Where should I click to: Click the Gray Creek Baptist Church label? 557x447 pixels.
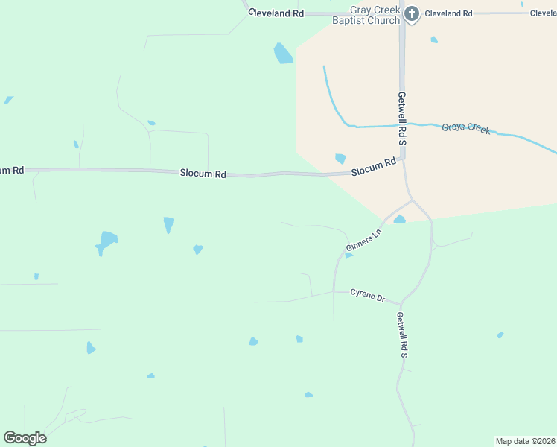[x=375, y=15]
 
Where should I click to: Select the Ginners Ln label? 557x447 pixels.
[x=363, y=239]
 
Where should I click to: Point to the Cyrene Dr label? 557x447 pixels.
[x=368, y=295]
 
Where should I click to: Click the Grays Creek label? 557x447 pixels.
[x=466, y=128]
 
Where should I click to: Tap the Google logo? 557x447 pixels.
[x=25, y=438]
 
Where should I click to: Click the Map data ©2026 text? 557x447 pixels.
[x=525, y=441]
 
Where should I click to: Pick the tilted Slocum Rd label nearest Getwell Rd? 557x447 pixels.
[x=373, y=167]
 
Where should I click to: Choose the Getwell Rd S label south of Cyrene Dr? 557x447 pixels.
[x=402, y=335]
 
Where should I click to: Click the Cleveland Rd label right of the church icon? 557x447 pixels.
[x=448, y=13]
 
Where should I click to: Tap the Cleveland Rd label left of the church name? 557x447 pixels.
[x=277, y=13]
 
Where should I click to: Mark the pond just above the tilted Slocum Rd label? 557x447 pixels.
[x=340, y=158]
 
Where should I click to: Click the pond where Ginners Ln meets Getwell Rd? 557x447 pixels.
[x=400, y=219]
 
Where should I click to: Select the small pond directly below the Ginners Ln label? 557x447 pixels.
[x=348, y=256]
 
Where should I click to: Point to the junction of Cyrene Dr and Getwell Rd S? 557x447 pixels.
[x=401, y=303]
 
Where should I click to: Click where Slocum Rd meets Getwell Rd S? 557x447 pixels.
[x=403, y=158]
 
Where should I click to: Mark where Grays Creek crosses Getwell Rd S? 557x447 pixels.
[x=402, y=124]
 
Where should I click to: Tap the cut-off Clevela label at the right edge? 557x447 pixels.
[x=543, y=13]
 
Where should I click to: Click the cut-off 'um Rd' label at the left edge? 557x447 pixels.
[x=12, y=171]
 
